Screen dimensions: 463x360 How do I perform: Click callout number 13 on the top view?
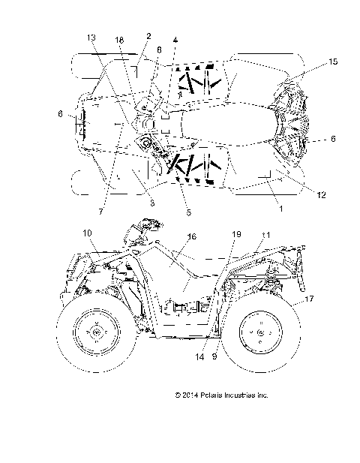coord(91,38)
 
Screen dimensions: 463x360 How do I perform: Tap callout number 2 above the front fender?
coord(148,36)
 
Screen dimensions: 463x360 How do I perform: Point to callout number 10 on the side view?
coord(87,233)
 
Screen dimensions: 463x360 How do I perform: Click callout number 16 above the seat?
coord(191,236)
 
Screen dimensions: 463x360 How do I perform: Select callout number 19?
coord(236,234)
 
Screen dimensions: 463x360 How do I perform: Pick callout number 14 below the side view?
coord(198,357)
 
